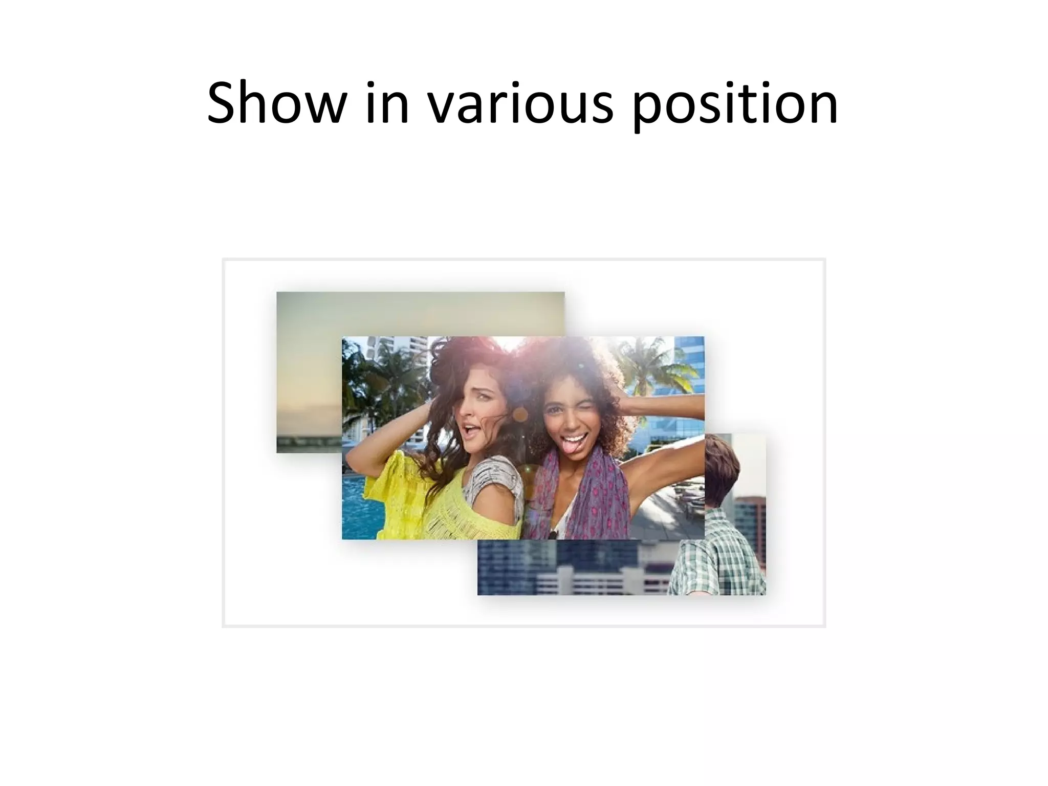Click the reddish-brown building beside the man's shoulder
click(x=748, y=512)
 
